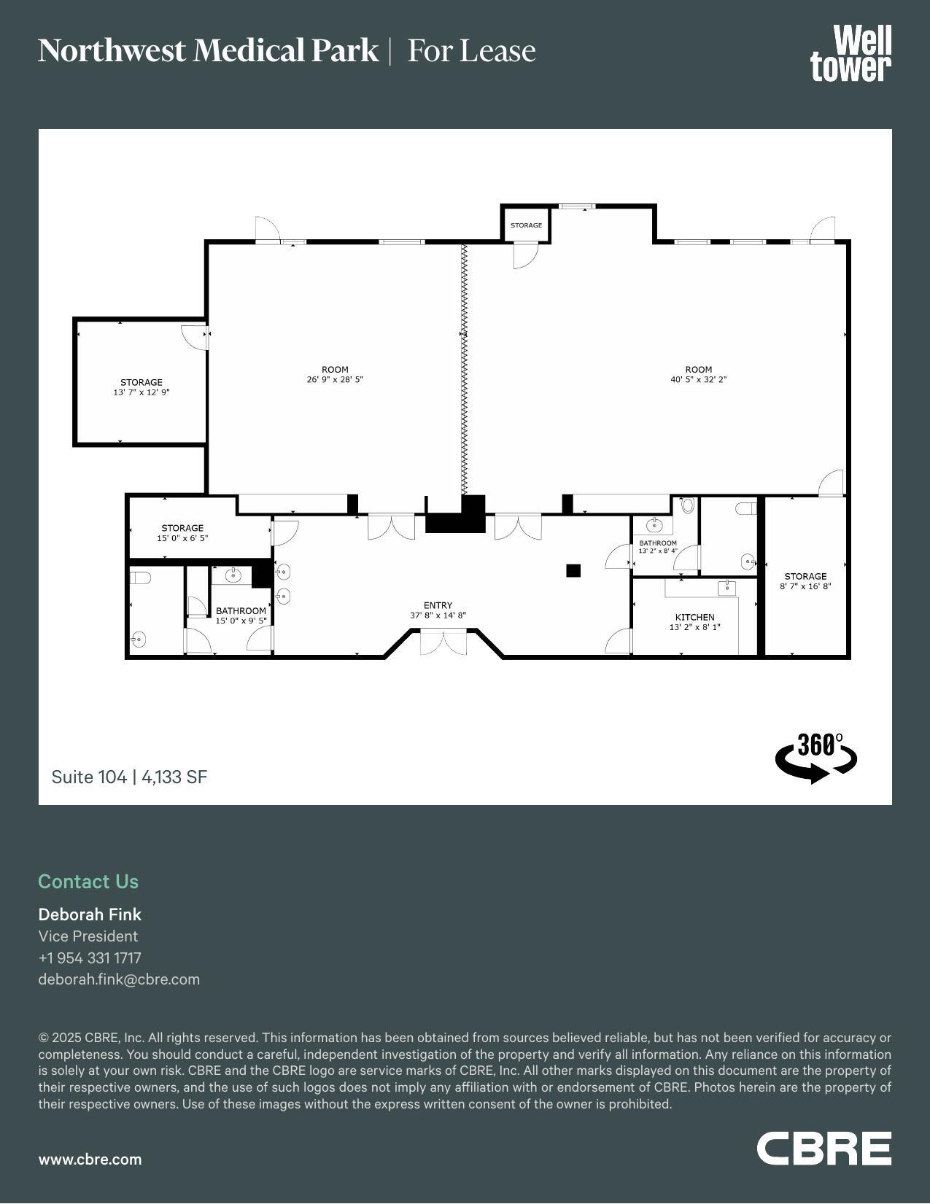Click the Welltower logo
(850, 53)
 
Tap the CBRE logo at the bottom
(824, 1149)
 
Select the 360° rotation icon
(815, 758)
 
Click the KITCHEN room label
(694, 617)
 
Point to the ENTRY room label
(438, 605)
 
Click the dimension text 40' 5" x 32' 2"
(698, 379)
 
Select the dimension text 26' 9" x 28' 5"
(335, 379)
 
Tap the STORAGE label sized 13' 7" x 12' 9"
(142, 382)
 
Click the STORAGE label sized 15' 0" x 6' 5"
(182, 528)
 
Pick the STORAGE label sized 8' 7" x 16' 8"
(805, 576)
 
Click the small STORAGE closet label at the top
(526, 225)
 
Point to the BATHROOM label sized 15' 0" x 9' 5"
(241, 611)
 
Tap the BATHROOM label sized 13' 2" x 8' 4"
(658, 543)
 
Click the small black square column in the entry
(573, 570)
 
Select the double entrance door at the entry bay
(443, 643)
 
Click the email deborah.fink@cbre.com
(119, 979)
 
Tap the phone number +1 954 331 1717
(90, 958)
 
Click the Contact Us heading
(88, 881)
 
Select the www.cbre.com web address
(90, 1160)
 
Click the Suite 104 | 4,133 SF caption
(129, 777)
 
